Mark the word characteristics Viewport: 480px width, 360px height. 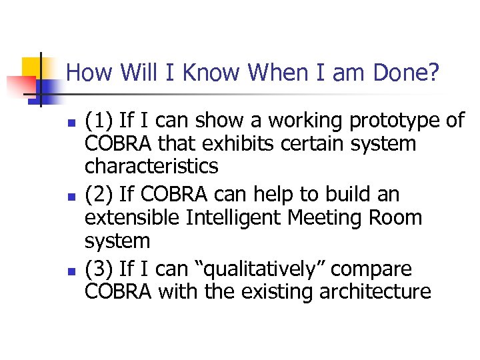(x=151, y=166)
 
